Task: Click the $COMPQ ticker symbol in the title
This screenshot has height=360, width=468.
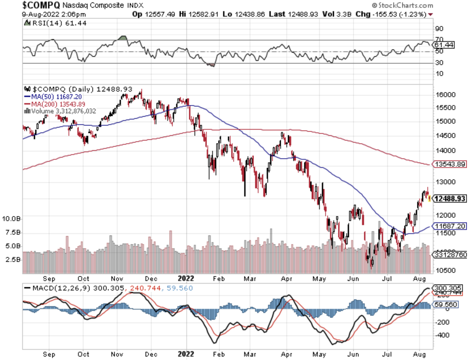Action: coord(41,5)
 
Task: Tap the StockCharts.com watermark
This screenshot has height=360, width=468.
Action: coord(403,5)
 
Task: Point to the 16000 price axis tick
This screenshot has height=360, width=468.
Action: coord(445,94)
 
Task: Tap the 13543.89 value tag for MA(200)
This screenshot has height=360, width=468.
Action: coord(449,164)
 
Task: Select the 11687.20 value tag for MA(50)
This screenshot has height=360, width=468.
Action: coord(450,226)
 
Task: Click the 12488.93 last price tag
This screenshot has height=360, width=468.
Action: coord(450,199)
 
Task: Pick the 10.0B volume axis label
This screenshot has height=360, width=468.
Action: coord(11,219)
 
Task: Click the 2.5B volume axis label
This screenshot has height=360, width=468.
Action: coord(13,259)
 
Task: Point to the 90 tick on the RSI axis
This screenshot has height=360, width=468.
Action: coord(439,29)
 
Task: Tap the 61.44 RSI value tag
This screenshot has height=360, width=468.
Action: coord(444,45)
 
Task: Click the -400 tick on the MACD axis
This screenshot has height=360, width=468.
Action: coord(442,335)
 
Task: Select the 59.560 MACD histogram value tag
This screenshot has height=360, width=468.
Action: coord(446,304)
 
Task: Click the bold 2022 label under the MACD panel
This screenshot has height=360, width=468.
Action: coord(186,354)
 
